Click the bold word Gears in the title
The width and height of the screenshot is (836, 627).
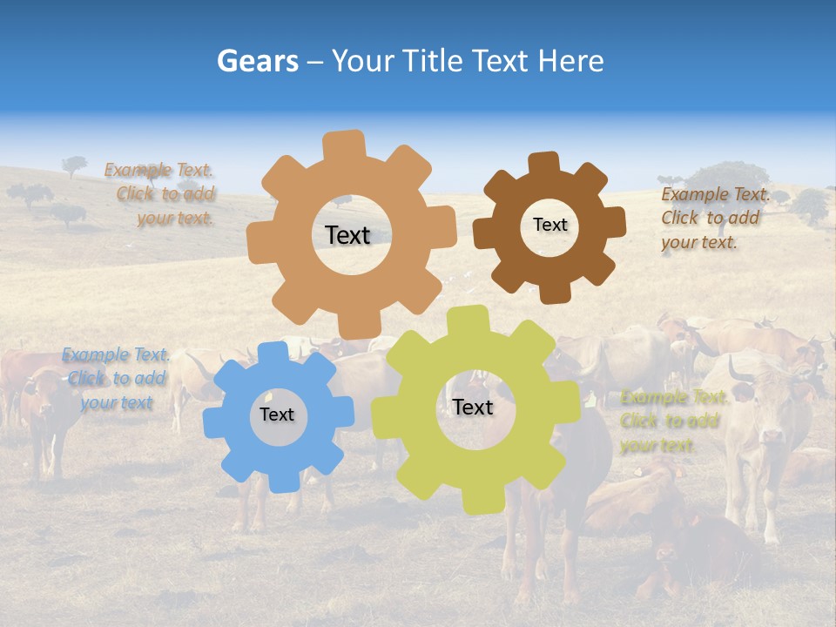pos(257,61)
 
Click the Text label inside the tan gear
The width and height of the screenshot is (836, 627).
pos(347,235)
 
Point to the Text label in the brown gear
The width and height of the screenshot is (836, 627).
pos(549,225)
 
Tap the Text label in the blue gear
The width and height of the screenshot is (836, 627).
pos(277,415)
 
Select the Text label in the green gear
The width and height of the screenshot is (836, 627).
pos(473,407)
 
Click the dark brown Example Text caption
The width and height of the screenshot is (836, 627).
pos(714,218)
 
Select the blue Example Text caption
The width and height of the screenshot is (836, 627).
pos(116,378)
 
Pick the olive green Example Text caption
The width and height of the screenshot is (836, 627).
pos(672,421)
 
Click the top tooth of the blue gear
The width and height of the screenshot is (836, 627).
pos(273,353)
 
